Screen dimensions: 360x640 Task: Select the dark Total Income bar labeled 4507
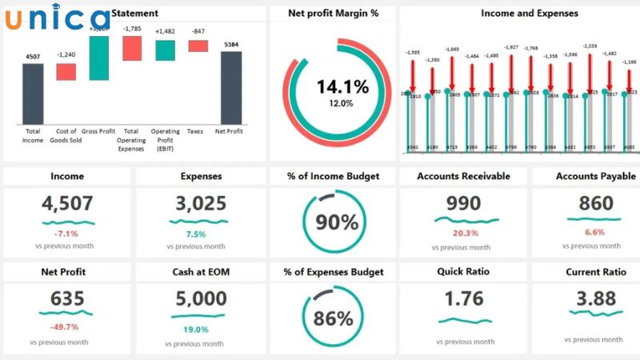pos(33,93)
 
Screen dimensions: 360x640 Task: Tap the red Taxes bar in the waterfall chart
pos(198,46)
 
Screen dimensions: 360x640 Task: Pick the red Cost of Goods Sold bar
pos(66,71)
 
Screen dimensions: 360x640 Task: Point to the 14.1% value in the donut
pos(331,86)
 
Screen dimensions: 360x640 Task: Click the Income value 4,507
pos(68,204)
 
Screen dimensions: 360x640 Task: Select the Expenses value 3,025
pos(201,204)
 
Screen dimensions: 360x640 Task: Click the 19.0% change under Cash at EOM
pos(195,329)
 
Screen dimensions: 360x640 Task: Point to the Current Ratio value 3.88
pos(596,299)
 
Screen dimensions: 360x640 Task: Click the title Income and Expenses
pos(529,14)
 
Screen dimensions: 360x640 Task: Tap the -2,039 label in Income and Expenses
pos(590,46)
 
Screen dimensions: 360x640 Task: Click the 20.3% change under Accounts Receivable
pos(465,233)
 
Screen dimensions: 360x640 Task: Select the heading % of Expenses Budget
pos(333,272)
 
